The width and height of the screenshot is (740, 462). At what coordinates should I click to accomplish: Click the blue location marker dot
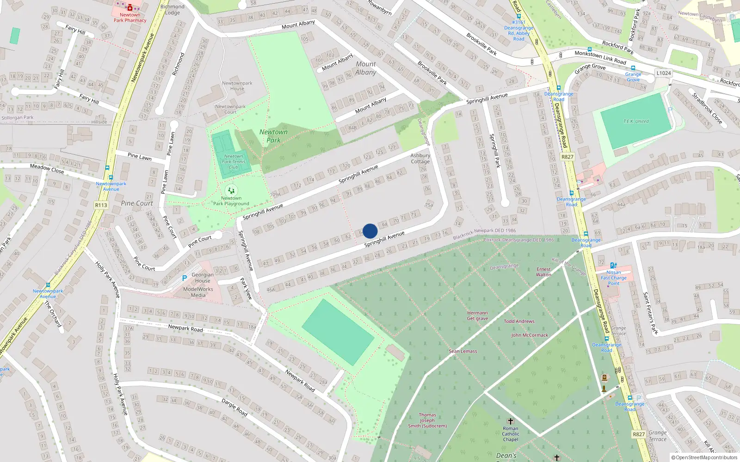[370, 231]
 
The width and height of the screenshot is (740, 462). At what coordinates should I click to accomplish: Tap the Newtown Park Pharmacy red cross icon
[130, 7]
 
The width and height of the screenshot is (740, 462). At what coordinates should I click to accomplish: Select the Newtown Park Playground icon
[231, 190]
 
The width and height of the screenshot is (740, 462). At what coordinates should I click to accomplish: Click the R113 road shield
[101, 205]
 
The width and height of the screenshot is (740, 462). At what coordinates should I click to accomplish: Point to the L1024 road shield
[664, 73]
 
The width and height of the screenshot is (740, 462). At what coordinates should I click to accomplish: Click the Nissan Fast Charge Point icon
[613, 266]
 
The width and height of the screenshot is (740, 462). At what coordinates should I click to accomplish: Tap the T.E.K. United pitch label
[636, 122]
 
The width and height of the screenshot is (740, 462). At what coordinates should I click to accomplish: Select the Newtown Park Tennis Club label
[234, 162]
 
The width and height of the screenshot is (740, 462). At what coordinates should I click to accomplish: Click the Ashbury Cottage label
[420, 158]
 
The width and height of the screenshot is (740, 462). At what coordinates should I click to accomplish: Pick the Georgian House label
[203, 278]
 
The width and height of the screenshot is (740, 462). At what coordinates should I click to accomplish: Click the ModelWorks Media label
[198, 292]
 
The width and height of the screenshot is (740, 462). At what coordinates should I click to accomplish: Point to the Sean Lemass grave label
[462, 351]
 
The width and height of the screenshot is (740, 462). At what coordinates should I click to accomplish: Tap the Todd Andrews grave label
[519, 321]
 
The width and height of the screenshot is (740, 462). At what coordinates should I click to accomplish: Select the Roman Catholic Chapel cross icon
[511, 421]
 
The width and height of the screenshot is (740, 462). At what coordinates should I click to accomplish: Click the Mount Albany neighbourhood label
[366, 68]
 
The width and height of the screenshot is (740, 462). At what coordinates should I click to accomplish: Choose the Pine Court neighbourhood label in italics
[137, 203]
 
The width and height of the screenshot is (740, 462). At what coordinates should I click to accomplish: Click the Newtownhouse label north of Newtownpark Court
[237, 86]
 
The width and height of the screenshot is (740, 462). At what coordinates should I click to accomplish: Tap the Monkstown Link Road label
[600, 57]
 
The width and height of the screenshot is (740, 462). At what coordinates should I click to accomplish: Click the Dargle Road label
[234, 407]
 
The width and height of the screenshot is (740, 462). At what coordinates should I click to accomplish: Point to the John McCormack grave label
[530, 335]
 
